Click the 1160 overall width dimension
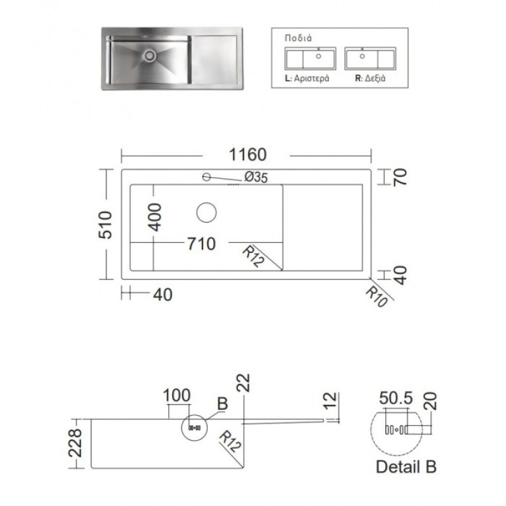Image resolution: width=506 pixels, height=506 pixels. pyautogui.click(x=247, y=154)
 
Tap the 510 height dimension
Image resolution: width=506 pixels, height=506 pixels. pyautogui.click(x=106, y=225)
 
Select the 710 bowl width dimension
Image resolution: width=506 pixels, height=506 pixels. pyautogui.click(x=202, y=244)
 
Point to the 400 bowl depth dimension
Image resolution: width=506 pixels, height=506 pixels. pyautogui.click(x=154, y=217)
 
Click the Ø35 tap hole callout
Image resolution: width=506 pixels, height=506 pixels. pyautogui.click(x=256, y=177)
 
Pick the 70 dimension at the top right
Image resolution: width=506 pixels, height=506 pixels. pyautogui.click(x=400, y=177)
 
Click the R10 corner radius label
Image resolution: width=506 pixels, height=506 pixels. pyautogui.click(x=376, y=297)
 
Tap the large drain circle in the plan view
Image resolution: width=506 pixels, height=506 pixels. pyautogui.click(x=207, y=213)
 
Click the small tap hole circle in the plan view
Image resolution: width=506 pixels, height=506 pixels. pyautogui.click(x=207, y=177)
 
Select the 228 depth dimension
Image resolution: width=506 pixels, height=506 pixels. pyautogui.click(x=76, y=443)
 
